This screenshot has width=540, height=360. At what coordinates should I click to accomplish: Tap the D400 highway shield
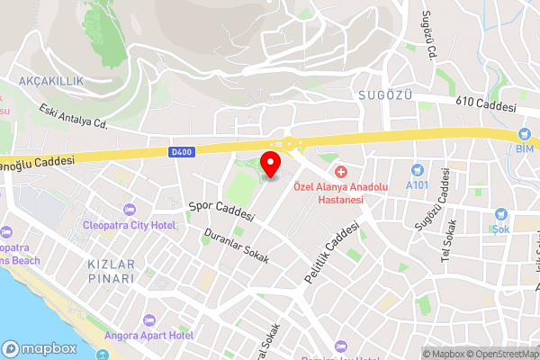coord(182,153)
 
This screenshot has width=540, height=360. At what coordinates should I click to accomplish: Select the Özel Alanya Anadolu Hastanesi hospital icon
coord(340,172)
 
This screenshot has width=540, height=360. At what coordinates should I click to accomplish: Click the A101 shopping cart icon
coord(417,169)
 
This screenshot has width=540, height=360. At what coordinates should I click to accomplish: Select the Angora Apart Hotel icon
coord(148,319)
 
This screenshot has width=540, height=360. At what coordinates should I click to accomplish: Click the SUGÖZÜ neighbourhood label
coord(377,93)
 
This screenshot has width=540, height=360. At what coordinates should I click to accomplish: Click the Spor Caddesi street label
coord(221,211)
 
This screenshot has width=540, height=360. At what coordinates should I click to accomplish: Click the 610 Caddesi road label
coord(486,107)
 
